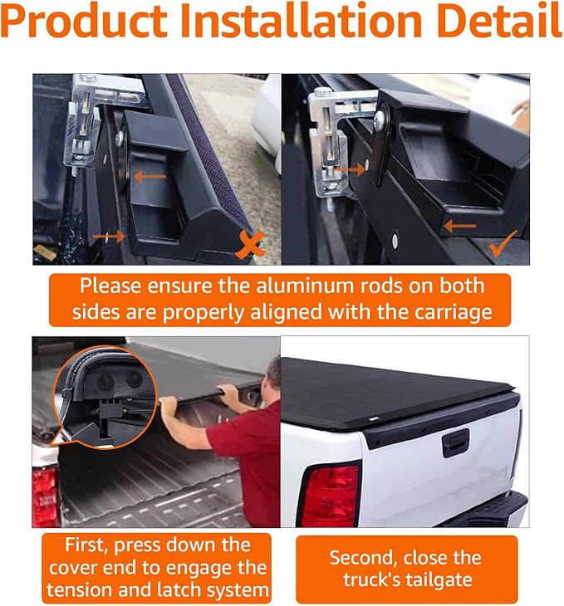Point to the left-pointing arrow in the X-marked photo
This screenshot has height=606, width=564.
pyautogui.click(x=150, y=176)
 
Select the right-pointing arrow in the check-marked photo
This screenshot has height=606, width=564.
pyautogui.click(x=350, y=169)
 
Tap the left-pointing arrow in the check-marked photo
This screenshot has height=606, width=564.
pyautogui.click(x=459, y=225)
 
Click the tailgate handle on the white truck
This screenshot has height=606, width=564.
pyautogui.click(x=455, y=442)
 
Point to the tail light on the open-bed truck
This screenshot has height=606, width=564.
pyautogui.click(x=45, y=495)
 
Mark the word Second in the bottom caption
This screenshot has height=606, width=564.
pyautogui.click(x=366, y=557)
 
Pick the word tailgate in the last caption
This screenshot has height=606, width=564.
pyautogui.click(x=444, y=579)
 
